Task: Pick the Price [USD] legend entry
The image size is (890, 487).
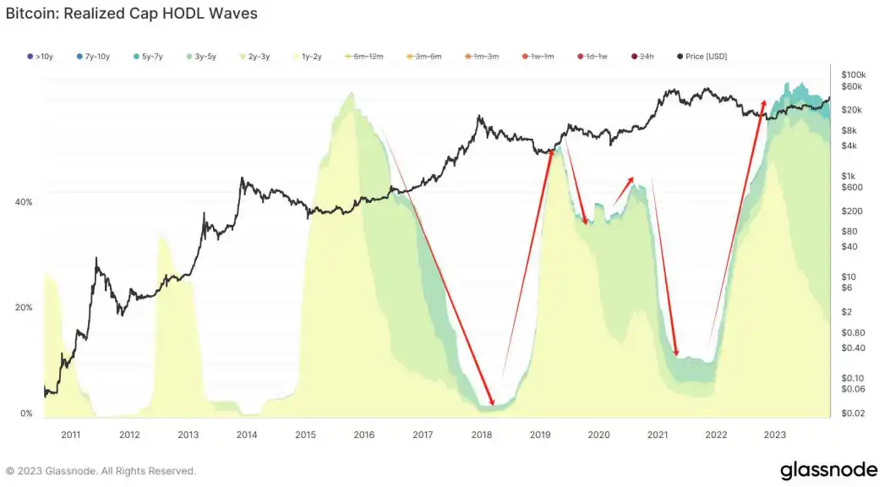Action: click(x=702, y=57)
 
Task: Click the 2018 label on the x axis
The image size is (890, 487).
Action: click(x=482, y=435)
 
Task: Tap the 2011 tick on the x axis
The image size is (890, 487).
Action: click(x=71, y=435)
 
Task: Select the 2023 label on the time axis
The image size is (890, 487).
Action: click(x=775, y=435)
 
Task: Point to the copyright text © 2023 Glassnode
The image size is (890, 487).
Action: click(x=101, y=471)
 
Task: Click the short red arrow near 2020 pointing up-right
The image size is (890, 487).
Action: click(x=623, y=190)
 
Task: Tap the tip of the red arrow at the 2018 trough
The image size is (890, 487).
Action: click(x=493, y=404)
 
